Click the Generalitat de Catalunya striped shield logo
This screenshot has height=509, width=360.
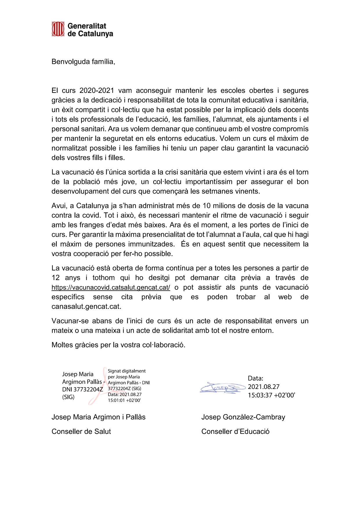point(58,29)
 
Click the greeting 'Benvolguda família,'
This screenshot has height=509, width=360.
point(83,62)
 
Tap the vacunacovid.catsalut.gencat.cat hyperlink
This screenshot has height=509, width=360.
point(111,287)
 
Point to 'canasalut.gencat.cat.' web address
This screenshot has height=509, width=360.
point(86,307)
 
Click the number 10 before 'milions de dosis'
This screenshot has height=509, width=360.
point(207,206)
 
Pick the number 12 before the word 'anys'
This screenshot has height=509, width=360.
point(55,278)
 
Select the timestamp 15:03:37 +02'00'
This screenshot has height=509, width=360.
point(271,395)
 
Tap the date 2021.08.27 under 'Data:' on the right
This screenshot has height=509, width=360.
point(263,387)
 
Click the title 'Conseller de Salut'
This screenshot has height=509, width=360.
point(81,432)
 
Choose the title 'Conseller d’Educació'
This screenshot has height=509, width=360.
point(235,432)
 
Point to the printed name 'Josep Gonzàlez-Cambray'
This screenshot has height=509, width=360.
point(243,417)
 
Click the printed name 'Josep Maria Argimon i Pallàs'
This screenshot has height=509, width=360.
point(98,417)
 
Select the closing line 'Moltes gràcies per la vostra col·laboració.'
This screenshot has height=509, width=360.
point(118,345)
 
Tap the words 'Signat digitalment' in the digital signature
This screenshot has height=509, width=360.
point(126,371)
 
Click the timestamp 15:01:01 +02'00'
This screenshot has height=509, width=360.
point(124,400)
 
